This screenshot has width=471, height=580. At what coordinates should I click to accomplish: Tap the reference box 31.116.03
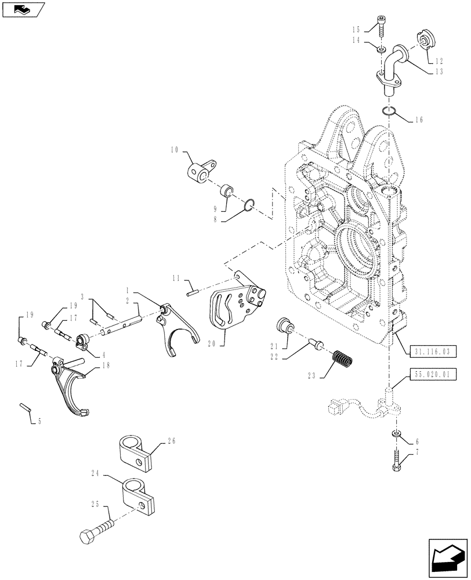(x=432, y=352)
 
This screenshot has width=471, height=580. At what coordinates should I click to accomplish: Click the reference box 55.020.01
(x=432, y=374)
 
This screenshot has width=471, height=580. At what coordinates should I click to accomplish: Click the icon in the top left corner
(x=23, y=8)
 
